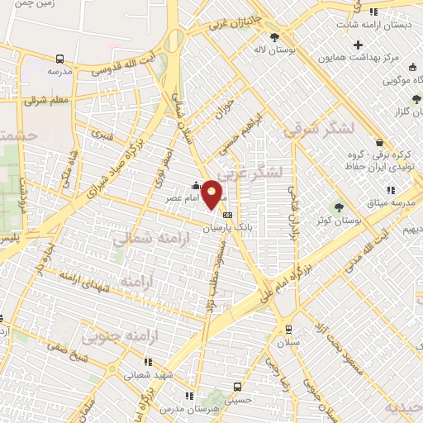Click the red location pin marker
(212, 193)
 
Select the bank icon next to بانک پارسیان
(227, 216)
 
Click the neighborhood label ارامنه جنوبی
(112, 337)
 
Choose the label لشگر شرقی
(318, 129)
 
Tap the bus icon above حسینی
(238, 387)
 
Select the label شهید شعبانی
(150, 375)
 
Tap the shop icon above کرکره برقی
(379, 142)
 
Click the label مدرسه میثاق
(402, 203)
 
